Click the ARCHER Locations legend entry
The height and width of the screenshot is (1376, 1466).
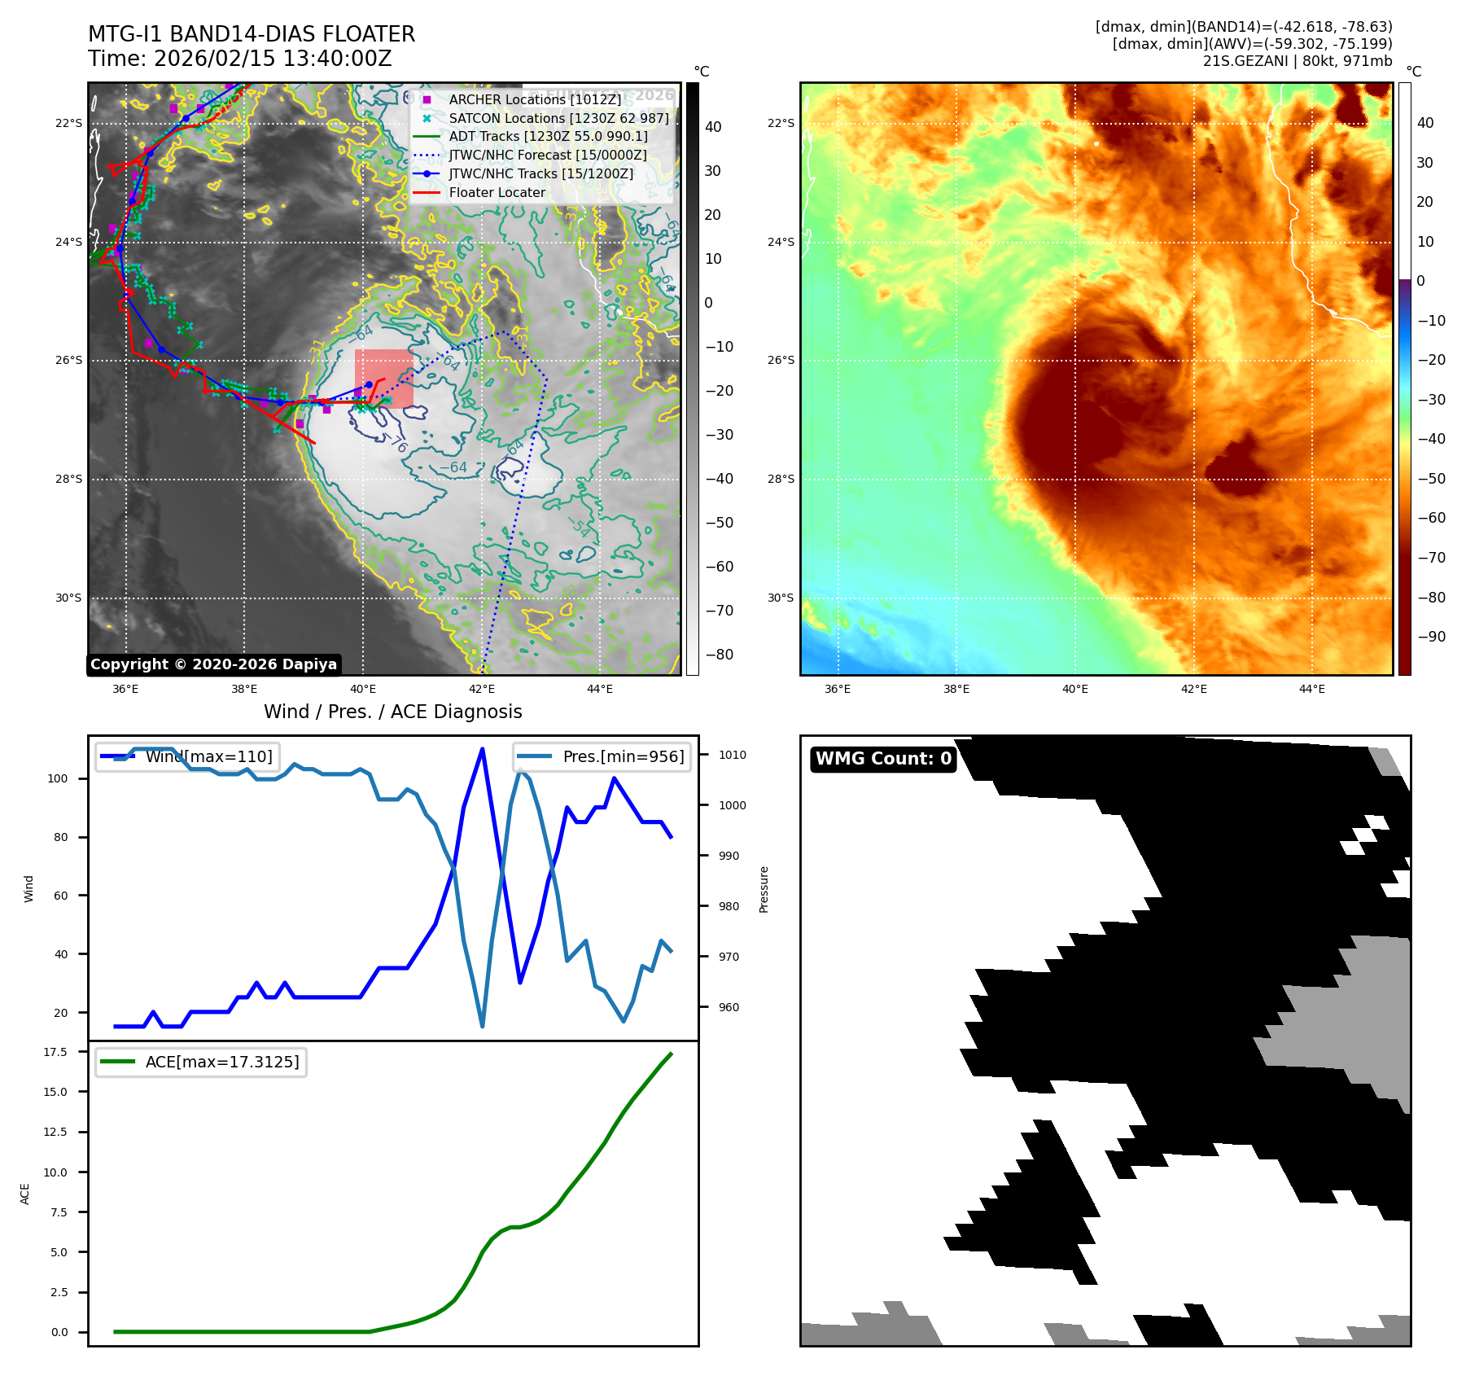[534, 99]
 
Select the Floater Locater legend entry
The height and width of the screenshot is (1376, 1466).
[497, 193]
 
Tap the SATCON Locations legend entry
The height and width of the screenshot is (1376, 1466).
[558, 118]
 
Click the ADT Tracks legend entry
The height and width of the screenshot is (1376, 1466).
[548, 137]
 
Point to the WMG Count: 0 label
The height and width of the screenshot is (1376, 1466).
[883, 759]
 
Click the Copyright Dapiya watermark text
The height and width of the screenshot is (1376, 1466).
[213, 664]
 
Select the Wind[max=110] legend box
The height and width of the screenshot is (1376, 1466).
[187, 757]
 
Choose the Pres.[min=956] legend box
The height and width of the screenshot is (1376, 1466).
[602, 757]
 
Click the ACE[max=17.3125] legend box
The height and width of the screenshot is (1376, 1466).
[201, 1062]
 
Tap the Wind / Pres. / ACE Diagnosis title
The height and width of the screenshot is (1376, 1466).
[392, 712]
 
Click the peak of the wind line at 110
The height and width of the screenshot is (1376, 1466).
[483, 749]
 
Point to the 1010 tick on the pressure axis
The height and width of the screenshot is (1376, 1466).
[732, 755]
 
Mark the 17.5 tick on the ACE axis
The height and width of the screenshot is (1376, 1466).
[55, 1052]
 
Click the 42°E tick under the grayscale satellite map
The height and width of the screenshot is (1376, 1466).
[481, 689]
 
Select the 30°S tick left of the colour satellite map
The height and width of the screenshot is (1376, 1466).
[780, 598]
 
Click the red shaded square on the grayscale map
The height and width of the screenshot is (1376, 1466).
[383, 379]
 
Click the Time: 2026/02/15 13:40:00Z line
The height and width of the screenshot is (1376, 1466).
[240, 59]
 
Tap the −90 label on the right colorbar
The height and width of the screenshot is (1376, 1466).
[1431, 637]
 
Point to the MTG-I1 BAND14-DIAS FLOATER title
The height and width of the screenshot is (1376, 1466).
[252, 34]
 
